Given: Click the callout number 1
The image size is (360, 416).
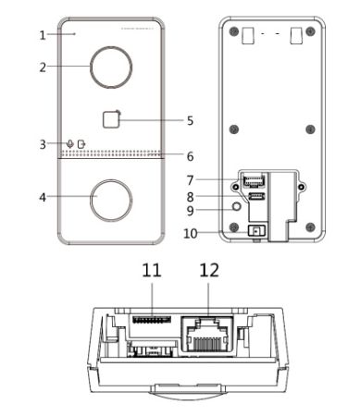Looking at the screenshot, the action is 43,35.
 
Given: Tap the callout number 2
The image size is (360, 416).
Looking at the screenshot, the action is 43,67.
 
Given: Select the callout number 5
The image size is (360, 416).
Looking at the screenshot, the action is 190,120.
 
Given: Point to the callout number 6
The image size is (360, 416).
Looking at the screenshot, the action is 191,156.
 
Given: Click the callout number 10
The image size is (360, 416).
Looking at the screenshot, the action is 191,234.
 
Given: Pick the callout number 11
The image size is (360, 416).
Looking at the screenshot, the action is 152,270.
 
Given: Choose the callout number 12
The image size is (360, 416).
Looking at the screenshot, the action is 209,270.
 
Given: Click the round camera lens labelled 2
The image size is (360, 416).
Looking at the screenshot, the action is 111,67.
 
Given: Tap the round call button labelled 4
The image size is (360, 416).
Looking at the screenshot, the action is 111,201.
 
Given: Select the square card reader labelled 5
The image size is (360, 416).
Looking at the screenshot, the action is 111,119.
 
